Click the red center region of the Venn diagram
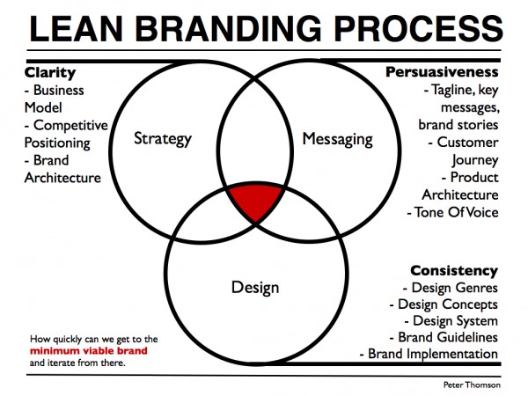point(256,201)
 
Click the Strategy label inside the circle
point(163,139)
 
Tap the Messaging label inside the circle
point(337,139)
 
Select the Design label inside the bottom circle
point(255,288)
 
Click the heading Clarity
point(50,73)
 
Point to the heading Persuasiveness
point(442,72)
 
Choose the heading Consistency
point(454,270)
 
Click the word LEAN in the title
point(77,29)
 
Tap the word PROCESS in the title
point(419,29)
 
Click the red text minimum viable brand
point(89,351)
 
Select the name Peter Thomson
point(472,385)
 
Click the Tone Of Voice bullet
point(452,212)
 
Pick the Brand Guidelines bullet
point(444,337)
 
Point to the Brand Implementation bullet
point(429,354)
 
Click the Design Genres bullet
point(451,288)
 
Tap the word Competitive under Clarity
point(70,126)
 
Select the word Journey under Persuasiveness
point(475,160)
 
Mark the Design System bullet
point(451,321)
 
